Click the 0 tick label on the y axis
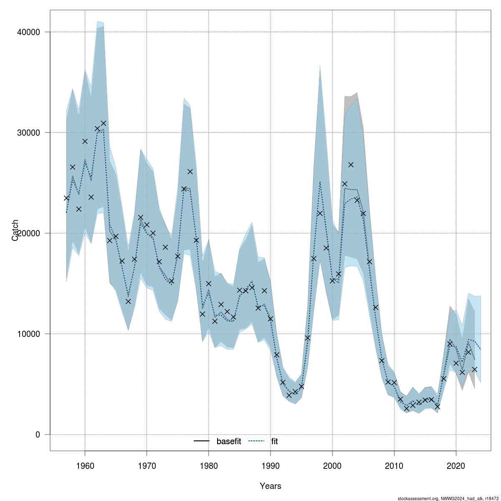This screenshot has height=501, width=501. point(38,435)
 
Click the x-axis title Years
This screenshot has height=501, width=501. point(271,486)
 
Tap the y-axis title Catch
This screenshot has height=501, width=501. point(15,230)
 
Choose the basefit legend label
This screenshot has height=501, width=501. point(228,441)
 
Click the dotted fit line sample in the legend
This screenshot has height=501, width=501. point(257,441)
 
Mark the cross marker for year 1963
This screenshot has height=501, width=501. point(104,123)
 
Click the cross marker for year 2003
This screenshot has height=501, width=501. point(351,164)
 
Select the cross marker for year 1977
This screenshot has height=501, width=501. point(190,172)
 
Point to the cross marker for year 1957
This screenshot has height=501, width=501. point(66,198)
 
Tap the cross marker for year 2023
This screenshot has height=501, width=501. point(474,369)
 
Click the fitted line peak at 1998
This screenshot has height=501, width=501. point(320,182)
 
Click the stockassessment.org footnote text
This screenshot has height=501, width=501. point(448,498)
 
